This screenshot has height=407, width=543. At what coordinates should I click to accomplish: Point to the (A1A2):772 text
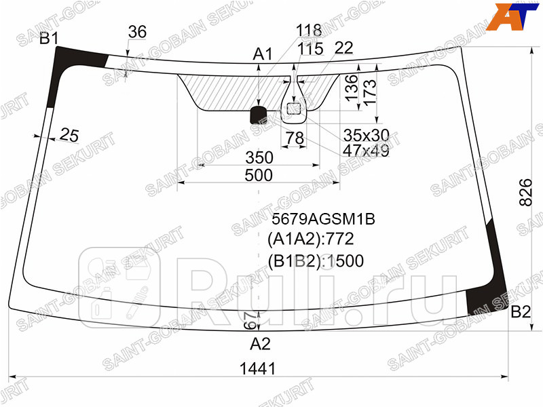pyautogui.click(x=311, y=239)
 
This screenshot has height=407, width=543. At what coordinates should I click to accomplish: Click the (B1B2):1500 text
pyautogui.click(x=316, y=261)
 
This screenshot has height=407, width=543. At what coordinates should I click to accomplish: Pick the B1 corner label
pyautogui.click(x=49, y=39)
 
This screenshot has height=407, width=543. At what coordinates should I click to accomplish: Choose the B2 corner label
pyautogui.click(x=520, y=313)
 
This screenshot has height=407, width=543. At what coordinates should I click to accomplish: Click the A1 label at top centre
pyautogui.click(x=263, y=54)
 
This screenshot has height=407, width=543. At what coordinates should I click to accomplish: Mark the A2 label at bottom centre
pyautogui.click(x=260, y=344)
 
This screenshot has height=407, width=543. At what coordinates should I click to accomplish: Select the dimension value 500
pyautogui.click(x=258, y=176)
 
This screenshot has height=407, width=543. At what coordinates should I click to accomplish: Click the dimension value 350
pyautogui.click(x=259, y=158)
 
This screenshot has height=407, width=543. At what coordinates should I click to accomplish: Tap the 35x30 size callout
pyautogui.click(x=367, y=135)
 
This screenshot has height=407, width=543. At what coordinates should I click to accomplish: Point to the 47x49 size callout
pyautogui.click(x=367, y=151)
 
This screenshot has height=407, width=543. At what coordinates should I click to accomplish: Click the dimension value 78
pyautogui.click(x=294, y=138)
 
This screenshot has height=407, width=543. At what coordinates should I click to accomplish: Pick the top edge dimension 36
pyautogui.click(x=137, y=32)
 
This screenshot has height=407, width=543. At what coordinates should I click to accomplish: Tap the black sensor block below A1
pyautogui.click(x=259, y=115)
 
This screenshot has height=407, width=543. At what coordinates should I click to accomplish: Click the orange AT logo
pyautogui.click(x=514, y=17)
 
